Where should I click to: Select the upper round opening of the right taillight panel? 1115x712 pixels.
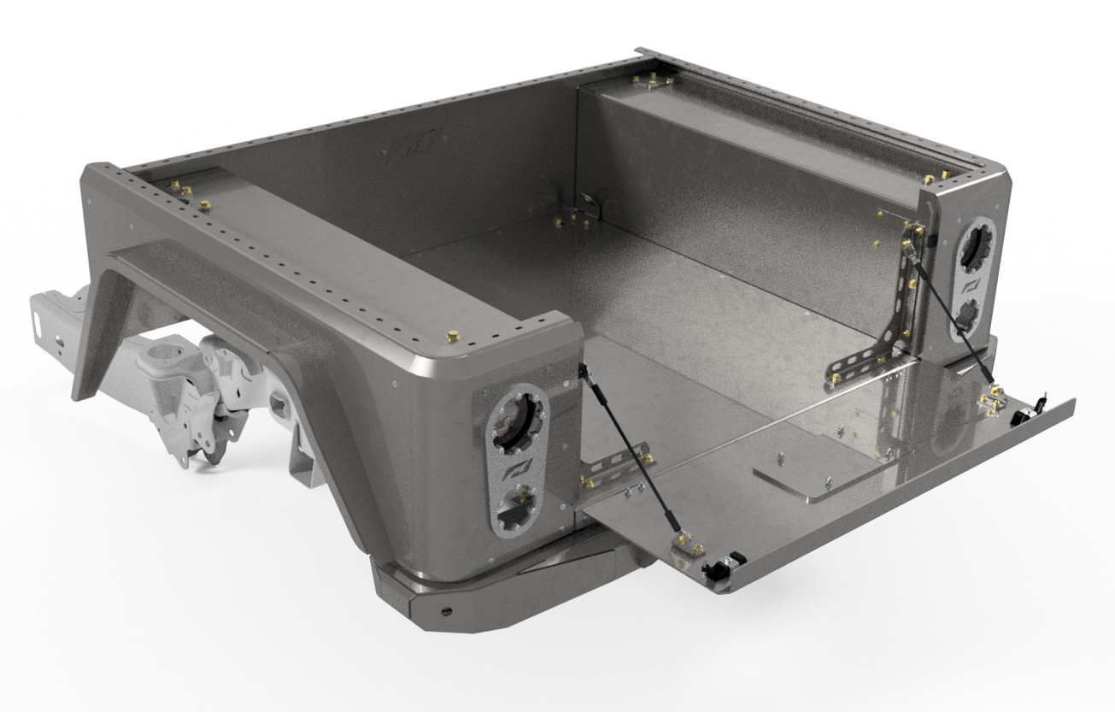[x=974, y=244]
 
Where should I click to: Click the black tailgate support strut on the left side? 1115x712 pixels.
[x=631, y=453]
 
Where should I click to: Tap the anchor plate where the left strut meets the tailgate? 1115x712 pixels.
[x=687, y=546]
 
